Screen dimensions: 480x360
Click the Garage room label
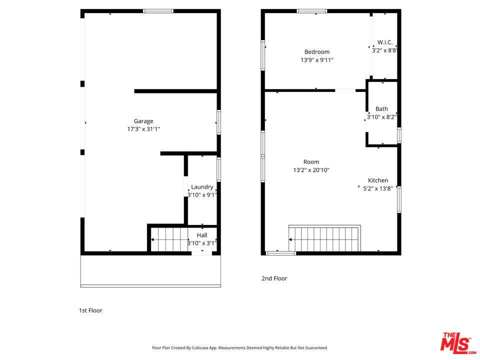click(143, 121)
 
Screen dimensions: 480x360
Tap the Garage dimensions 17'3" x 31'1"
click(143, 129)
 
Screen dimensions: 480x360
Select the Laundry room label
click(202, 187)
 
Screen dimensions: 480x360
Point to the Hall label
click(202, 235)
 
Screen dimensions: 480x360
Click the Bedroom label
click(317, 52)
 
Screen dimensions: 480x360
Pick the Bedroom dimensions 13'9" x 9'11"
click(317, 60)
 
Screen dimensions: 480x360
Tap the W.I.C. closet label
click(385, 42)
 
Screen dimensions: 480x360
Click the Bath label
click(381, 108)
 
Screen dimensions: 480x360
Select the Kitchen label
click(378, 180)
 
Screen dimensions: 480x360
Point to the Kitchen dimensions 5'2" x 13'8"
click(378, 188)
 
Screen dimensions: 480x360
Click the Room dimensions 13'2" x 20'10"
click(311, 170)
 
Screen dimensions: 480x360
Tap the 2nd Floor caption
click(274, 278)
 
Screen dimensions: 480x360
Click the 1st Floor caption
click(90, 310)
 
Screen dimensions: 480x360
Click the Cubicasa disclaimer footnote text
click(240, 348)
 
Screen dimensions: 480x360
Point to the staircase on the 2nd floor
click(324, 238)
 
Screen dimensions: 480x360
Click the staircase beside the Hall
click(169, 239)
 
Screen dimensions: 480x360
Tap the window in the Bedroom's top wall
click(312, 11)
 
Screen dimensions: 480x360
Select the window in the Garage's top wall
click(158, 11)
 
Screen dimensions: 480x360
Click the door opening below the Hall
click(201, 253)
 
